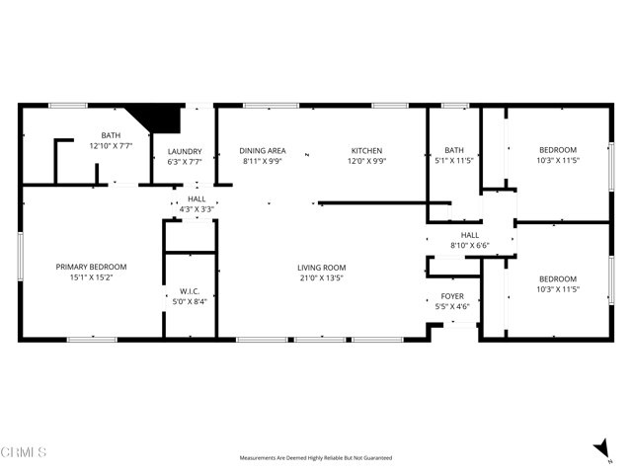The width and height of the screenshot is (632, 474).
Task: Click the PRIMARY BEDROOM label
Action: tap(91, 267)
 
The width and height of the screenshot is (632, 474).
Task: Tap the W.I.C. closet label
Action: tap(190, 290)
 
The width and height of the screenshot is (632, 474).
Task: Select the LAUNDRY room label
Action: tap(185, 151)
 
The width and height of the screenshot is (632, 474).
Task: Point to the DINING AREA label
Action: tap(263, 151)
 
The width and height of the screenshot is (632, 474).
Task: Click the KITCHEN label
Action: tap(366, 151)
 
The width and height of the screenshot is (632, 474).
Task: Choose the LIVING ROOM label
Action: tap(322, 268)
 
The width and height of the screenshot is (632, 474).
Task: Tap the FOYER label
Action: tap(453, 296)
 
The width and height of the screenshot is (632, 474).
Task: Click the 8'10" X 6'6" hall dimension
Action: tap(470, 245)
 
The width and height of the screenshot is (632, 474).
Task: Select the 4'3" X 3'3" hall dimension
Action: tap(197, 209)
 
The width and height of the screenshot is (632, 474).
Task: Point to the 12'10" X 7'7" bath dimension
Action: tap(111, 145)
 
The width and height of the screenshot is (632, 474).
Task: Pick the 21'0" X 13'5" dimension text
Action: tap(322, 277)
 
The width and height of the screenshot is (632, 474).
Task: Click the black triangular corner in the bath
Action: tap(162, 116)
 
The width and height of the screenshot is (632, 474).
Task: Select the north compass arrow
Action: tap(601, 449)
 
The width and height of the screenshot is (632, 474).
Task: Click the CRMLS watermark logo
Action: tap(24, 452)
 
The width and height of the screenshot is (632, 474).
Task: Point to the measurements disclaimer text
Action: tap(316, 458)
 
